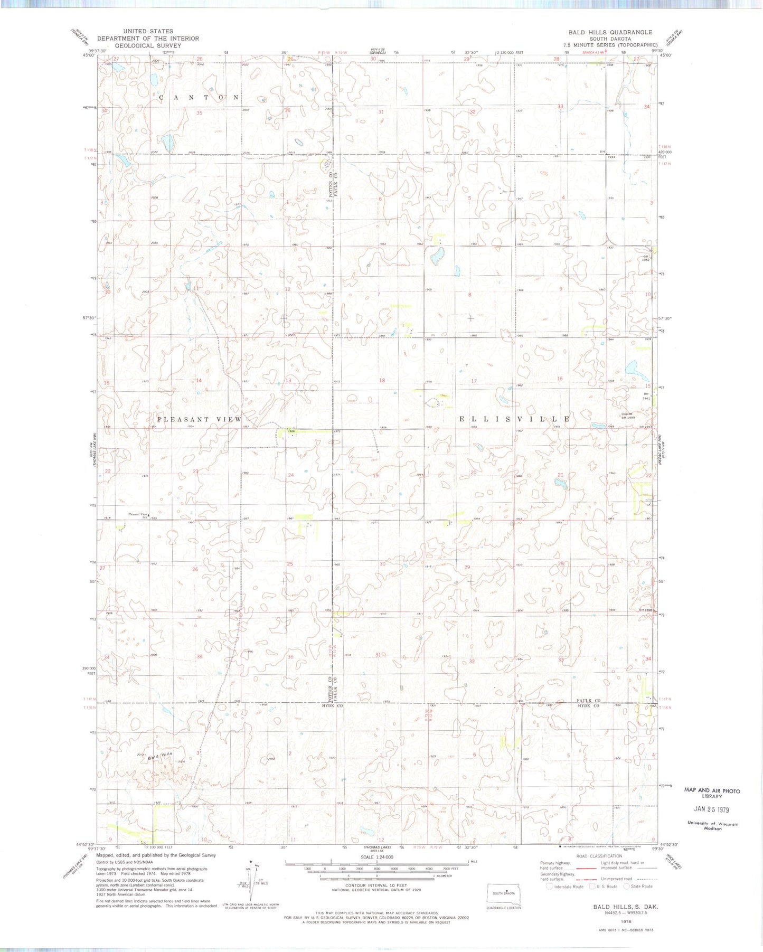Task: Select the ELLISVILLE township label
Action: coord(514,419)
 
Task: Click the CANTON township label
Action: coord(199,98)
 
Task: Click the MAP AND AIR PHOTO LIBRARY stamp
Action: coord(712,793)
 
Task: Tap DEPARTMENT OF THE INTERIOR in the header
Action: coord(148,39)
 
